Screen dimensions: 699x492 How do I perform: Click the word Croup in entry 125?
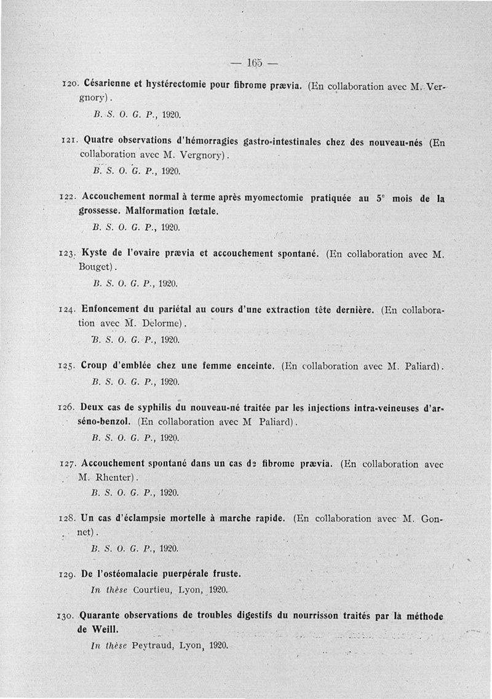95,366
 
